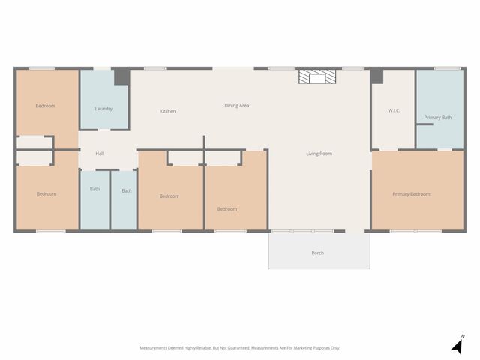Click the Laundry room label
click(x=103, y=109)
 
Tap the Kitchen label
click(x=168, y=112)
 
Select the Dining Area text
click(x=237, y=106)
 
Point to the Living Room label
click(x=319, y=154)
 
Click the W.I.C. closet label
click(x=394, y=111)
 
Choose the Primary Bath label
click(x=437, y=118)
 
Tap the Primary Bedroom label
click(x=412, y=194)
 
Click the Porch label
click(x=318, y=253)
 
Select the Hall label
click(x=99, y=154)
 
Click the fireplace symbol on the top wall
click(x=313, y=76)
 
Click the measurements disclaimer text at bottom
click(x=239, y=348)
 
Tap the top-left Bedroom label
click(x=46, y=106)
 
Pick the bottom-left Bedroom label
click(x=46, y=194)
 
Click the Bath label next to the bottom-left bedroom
click(x=94, y=189)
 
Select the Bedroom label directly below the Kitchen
click(x=169, y=196)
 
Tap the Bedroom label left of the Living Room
click(x=227, y=209)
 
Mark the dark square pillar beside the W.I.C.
click(x=376, y=76)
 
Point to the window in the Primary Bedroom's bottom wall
click(x=415, y=231)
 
